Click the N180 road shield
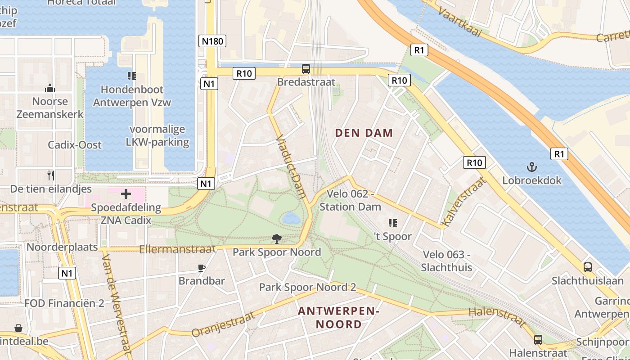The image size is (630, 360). [212, 41]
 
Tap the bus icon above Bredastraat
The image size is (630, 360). [306, 69]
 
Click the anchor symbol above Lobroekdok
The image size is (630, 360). [532, 167]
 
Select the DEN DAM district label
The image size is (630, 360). [364, 133]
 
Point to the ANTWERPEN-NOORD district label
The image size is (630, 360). [339, 317]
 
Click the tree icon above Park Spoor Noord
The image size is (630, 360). [277, 239]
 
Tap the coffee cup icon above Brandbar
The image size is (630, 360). [202, 268]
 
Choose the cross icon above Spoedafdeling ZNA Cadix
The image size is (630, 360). [126, 194]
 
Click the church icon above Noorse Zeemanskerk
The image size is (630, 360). [50, 88]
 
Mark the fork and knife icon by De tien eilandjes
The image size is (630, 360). [51, 175]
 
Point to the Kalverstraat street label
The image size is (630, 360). [464, 202]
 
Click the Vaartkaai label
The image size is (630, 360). [459, 22]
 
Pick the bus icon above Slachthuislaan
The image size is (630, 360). [587, 267]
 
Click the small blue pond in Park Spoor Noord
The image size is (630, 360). [291, 219]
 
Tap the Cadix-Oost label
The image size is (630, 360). [75, 145]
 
